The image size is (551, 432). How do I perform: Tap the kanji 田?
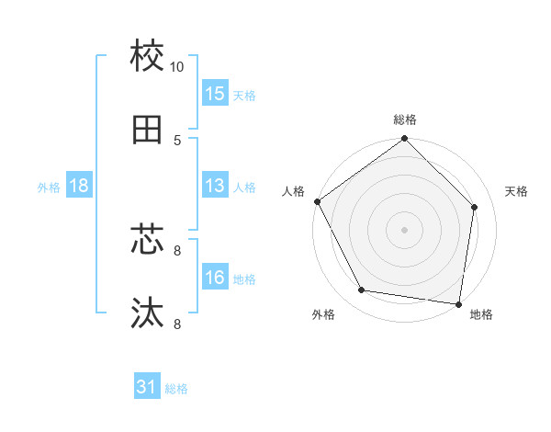[147, 130]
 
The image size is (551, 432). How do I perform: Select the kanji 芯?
[147, 241]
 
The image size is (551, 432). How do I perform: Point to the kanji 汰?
[147, 313]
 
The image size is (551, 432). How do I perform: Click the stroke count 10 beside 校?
[177, 67]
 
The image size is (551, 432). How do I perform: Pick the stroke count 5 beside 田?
[177, 141]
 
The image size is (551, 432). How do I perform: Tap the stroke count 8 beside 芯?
[177, 250]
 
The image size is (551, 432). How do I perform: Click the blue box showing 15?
[215, 93]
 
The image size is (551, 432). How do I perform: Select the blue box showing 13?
[215, 186]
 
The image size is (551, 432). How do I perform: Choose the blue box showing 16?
[215, 278]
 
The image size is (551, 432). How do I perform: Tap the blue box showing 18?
[79, 186]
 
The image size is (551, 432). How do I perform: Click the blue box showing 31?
[147, 387]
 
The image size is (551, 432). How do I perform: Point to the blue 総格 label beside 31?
[176, 389]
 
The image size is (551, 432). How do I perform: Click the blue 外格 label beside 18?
[49, 188]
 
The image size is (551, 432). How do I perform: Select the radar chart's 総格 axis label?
[405, 119]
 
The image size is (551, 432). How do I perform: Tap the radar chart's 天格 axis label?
[516, 191]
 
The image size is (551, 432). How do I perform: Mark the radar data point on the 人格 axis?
[317, 201]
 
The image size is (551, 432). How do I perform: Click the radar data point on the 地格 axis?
[458, 303]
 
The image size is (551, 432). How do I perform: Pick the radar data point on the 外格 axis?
[362, 290]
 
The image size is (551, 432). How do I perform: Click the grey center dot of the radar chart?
[405, 229]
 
